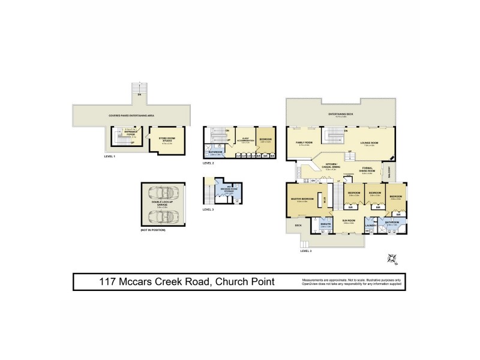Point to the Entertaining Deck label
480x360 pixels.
[x=340, y=113]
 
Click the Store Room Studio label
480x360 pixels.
[x=166, y=140]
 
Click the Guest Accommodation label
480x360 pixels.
[x=244, y=139]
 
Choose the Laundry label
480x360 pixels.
[x=371, y=226]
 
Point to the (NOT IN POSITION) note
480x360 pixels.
[x=155, y=230]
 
